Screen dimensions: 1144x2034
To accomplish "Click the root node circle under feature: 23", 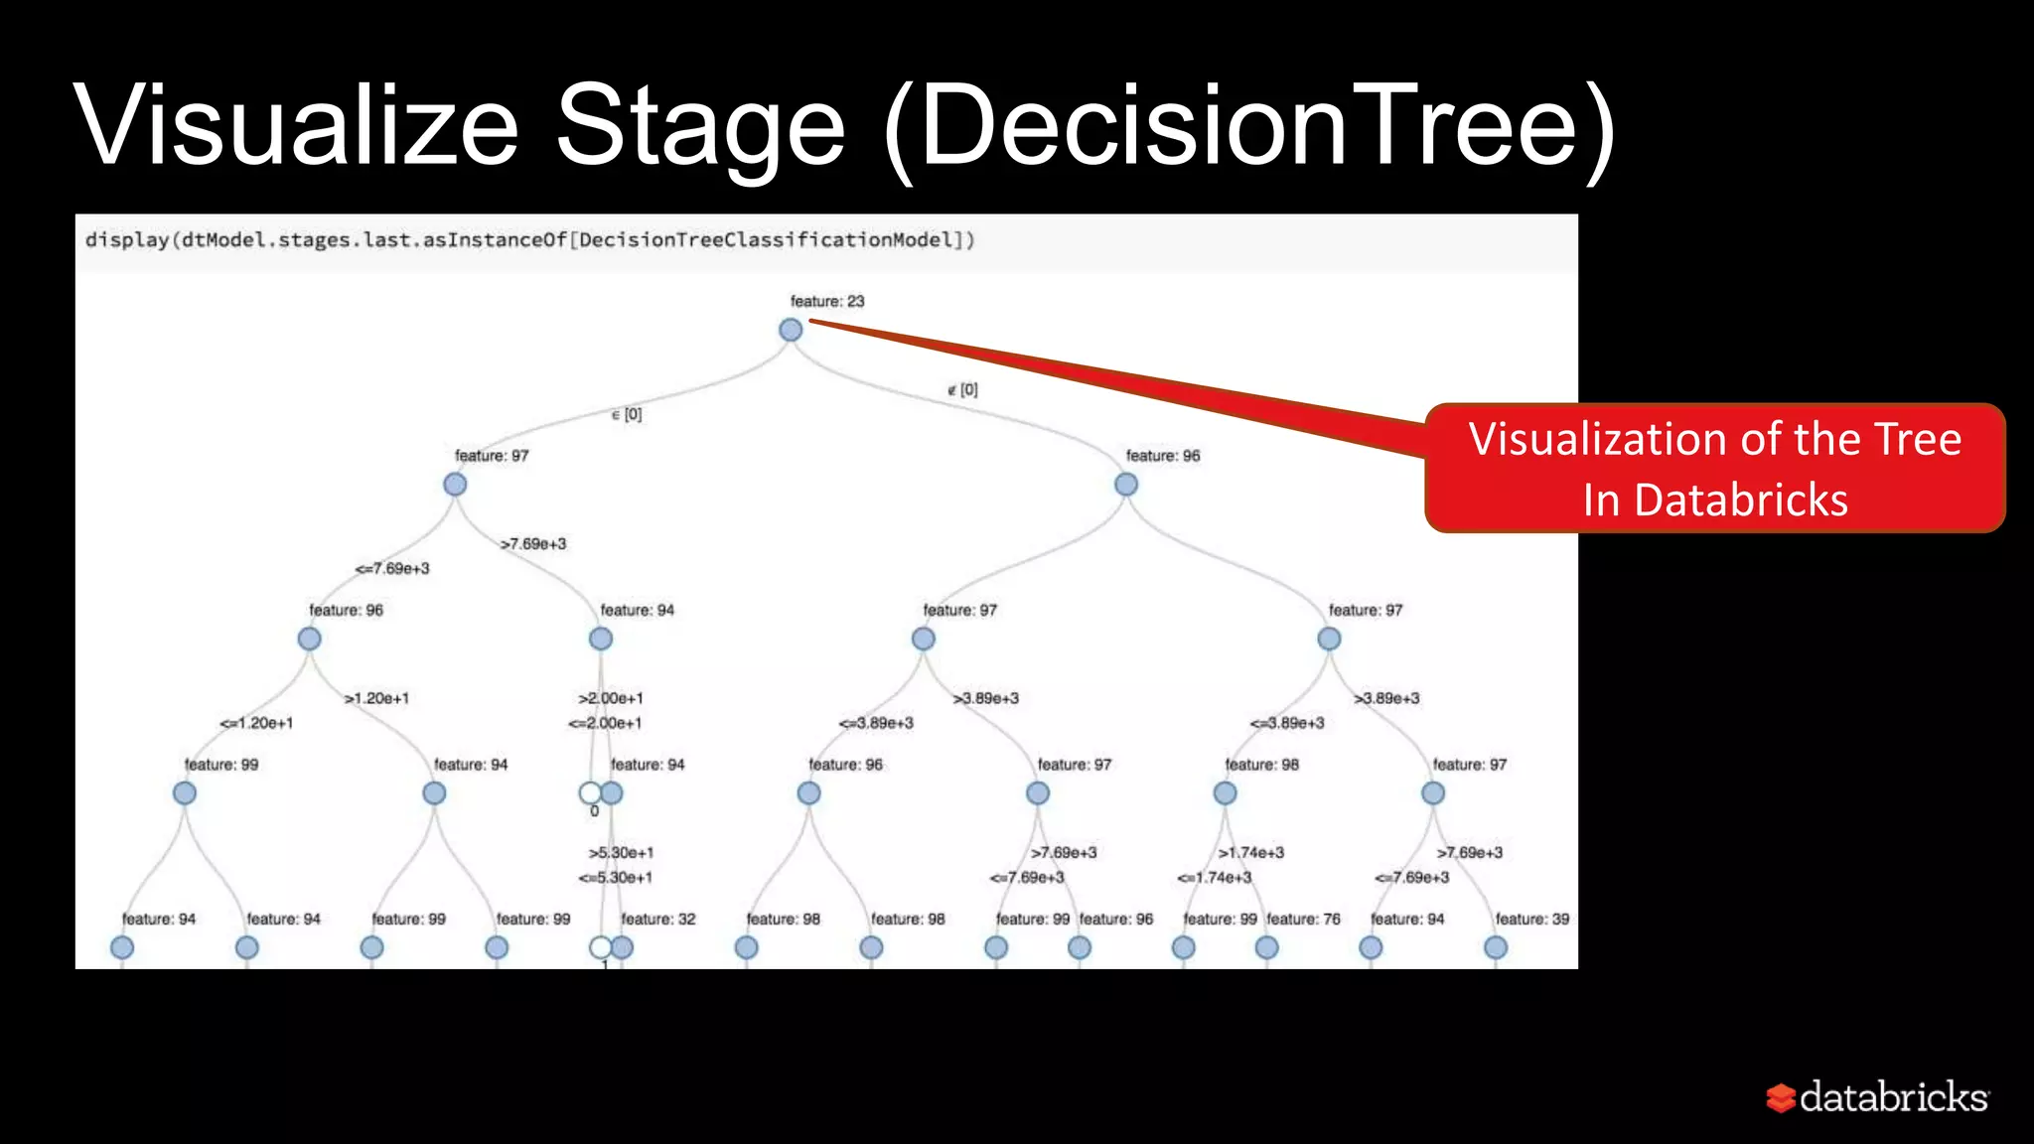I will [x=791, y=330].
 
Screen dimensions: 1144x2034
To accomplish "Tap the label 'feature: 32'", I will [x=658, y=920].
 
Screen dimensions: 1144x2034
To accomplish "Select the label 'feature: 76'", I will [x=1303, y=920].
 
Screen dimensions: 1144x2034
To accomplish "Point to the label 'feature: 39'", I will [x=1532, y=920].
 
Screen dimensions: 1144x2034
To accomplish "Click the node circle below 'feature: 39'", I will [x=1496, y=947].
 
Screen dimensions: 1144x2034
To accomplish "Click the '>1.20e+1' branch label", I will [x=376, y=699].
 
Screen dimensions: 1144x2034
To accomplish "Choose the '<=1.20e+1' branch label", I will [x=256, y=723].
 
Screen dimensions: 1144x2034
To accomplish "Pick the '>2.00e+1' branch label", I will [x=611, y=699].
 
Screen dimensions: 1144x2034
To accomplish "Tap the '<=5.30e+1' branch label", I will [x=616, y=878].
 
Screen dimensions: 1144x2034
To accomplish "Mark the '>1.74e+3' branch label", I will [x=1251, y=853].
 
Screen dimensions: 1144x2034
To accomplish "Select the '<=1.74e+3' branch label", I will [x=1215, y=878].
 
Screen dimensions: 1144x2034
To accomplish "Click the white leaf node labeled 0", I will [x=590, y=793].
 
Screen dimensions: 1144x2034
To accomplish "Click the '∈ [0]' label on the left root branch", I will [x=627, y=415].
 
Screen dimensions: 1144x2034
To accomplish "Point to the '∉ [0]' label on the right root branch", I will [x=962, y=390].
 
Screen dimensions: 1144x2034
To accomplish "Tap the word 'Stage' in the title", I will [x=699, y=127].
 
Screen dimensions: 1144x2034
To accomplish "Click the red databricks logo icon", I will [x=1780, y=1097].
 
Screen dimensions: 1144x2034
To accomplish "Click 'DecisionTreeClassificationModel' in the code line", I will [x=771, y=240].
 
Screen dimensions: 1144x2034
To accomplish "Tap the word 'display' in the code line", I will [x=127, y=240].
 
